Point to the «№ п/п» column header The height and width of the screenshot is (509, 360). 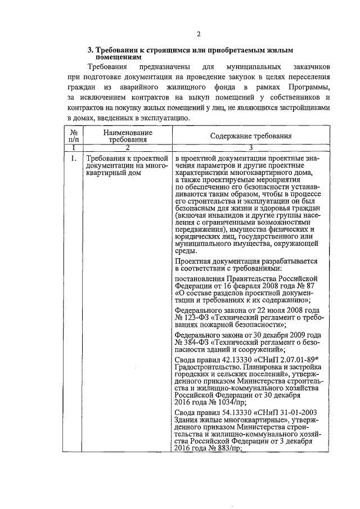point(73,136)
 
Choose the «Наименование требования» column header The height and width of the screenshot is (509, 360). point(127,136)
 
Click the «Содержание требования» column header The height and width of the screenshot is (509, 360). point(251,136)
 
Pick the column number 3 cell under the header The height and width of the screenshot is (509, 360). point(251,147)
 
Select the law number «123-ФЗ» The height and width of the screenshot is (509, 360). point(199,318)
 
